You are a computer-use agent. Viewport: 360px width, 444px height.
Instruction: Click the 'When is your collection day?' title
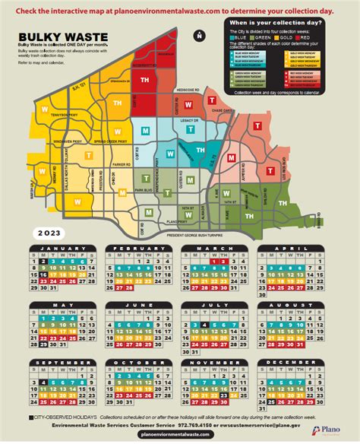click(276, 24)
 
